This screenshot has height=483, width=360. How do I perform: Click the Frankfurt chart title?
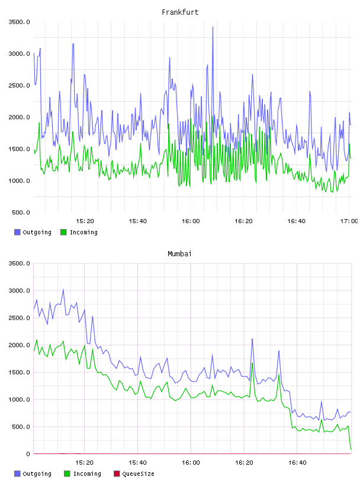[180, 12]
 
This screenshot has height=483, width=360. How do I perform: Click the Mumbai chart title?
[179, 254]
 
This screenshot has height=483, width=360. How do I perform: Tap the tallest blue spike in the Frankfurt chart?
[213, 27]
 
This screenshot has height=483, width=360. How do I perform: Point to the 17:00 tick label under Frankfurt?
[349, 221]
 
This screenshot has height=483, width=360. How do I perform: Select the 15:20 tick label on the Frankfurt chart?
[85, 221]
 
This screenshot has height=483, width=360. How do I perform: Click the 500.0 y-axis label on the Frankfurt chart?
[21, 212]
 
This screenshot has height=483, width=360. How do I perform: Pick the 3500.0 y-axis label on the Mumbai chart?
[19, 263]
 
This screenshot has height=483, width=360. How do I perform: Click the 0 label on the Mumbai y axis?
[28, 454]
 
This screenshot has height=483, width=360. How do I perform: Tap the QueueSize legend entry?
[139, 474]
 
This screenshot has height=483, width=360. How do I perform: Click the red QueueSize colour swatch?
[117, 474]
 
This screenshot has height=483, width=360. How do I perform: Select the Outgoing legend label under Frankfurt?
[37, 232]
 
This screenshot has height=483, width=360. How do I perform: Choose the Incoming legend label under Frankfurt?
[83, 232]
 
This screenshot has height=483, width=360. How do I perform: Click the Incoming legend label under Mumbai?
[87, 474]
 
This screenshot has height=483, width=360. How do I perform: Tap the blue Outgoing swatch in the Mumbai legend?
[17, 474]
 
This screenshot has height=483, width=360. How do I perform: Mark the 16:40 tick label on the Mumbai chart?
[297, 463]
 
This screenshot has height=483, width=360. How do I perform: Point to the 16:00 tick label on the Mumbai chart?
[191, 463]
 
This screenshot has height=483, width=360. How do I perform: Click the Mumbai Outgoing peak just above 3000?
[63, 289]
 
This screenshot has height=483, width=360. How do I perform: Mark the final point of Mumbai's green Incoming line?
[351, 449]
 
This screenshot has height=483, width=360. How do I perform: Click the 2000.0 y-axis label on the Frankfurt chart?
[19, 117]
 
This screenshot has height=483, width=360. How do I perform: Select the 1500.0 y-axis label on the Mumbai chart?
[19, 372]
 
